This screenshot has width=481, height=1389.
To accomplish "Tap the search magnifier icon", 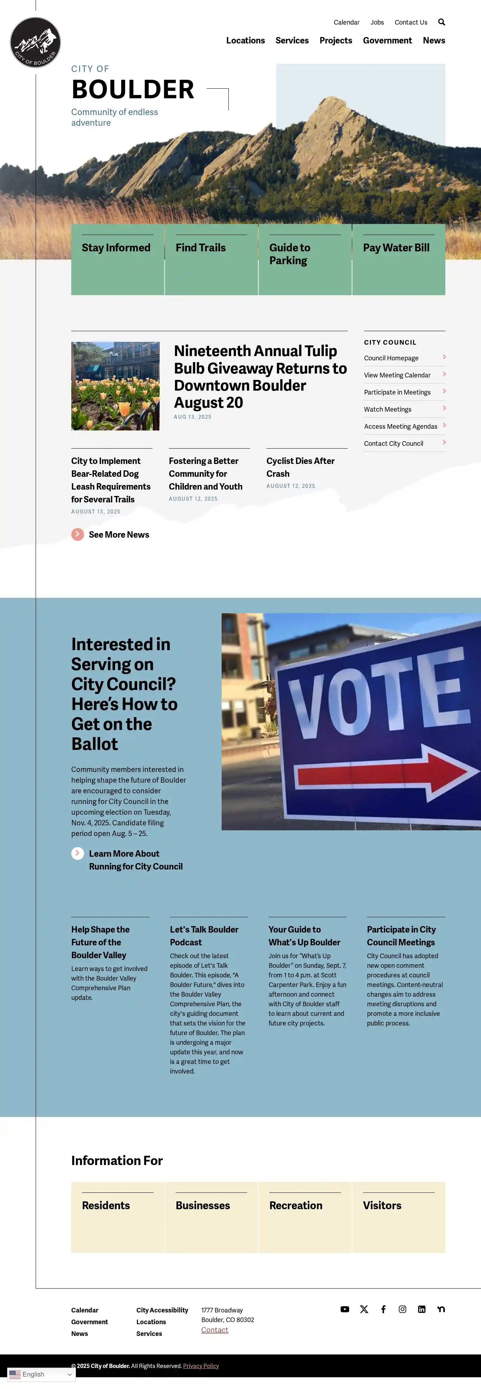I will (441, 22).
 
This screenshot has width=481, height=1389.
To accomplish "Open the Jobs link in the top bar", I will (377, 22).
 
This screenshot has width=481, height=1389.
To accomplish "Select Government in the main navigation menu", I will (387, 41).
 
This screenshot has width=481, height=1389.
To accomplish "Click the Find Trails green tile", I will (211, 259).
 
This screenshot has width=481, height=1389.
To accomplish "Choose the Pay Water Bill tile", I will (398, 259).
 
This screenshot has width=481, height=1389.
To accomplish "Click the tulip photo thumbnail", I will (115, 386).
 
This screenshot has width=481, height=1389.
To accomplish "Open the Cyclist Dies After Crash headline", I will (300, 467).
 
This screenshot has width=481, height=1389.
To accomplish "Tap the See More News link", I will (118, 534).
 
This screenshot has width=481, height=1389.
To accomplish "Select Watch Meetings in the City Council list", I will (388, 409).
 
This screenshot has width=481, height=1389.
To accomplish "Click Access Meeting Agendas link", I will (400, 427).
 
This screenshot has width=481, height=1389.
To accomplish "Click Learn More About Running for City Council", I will (135, 860).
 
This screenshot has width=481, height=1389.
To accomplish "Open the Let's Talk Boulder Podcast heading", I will (204, 935).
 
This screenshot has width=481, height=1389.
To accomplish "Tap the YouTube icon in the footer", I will (345, 1309).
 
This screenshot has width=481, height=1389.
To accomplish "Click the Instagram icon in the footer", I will (402, 1309).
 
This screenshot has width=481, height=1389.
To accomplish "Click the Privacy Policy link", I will (201, 1366).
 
